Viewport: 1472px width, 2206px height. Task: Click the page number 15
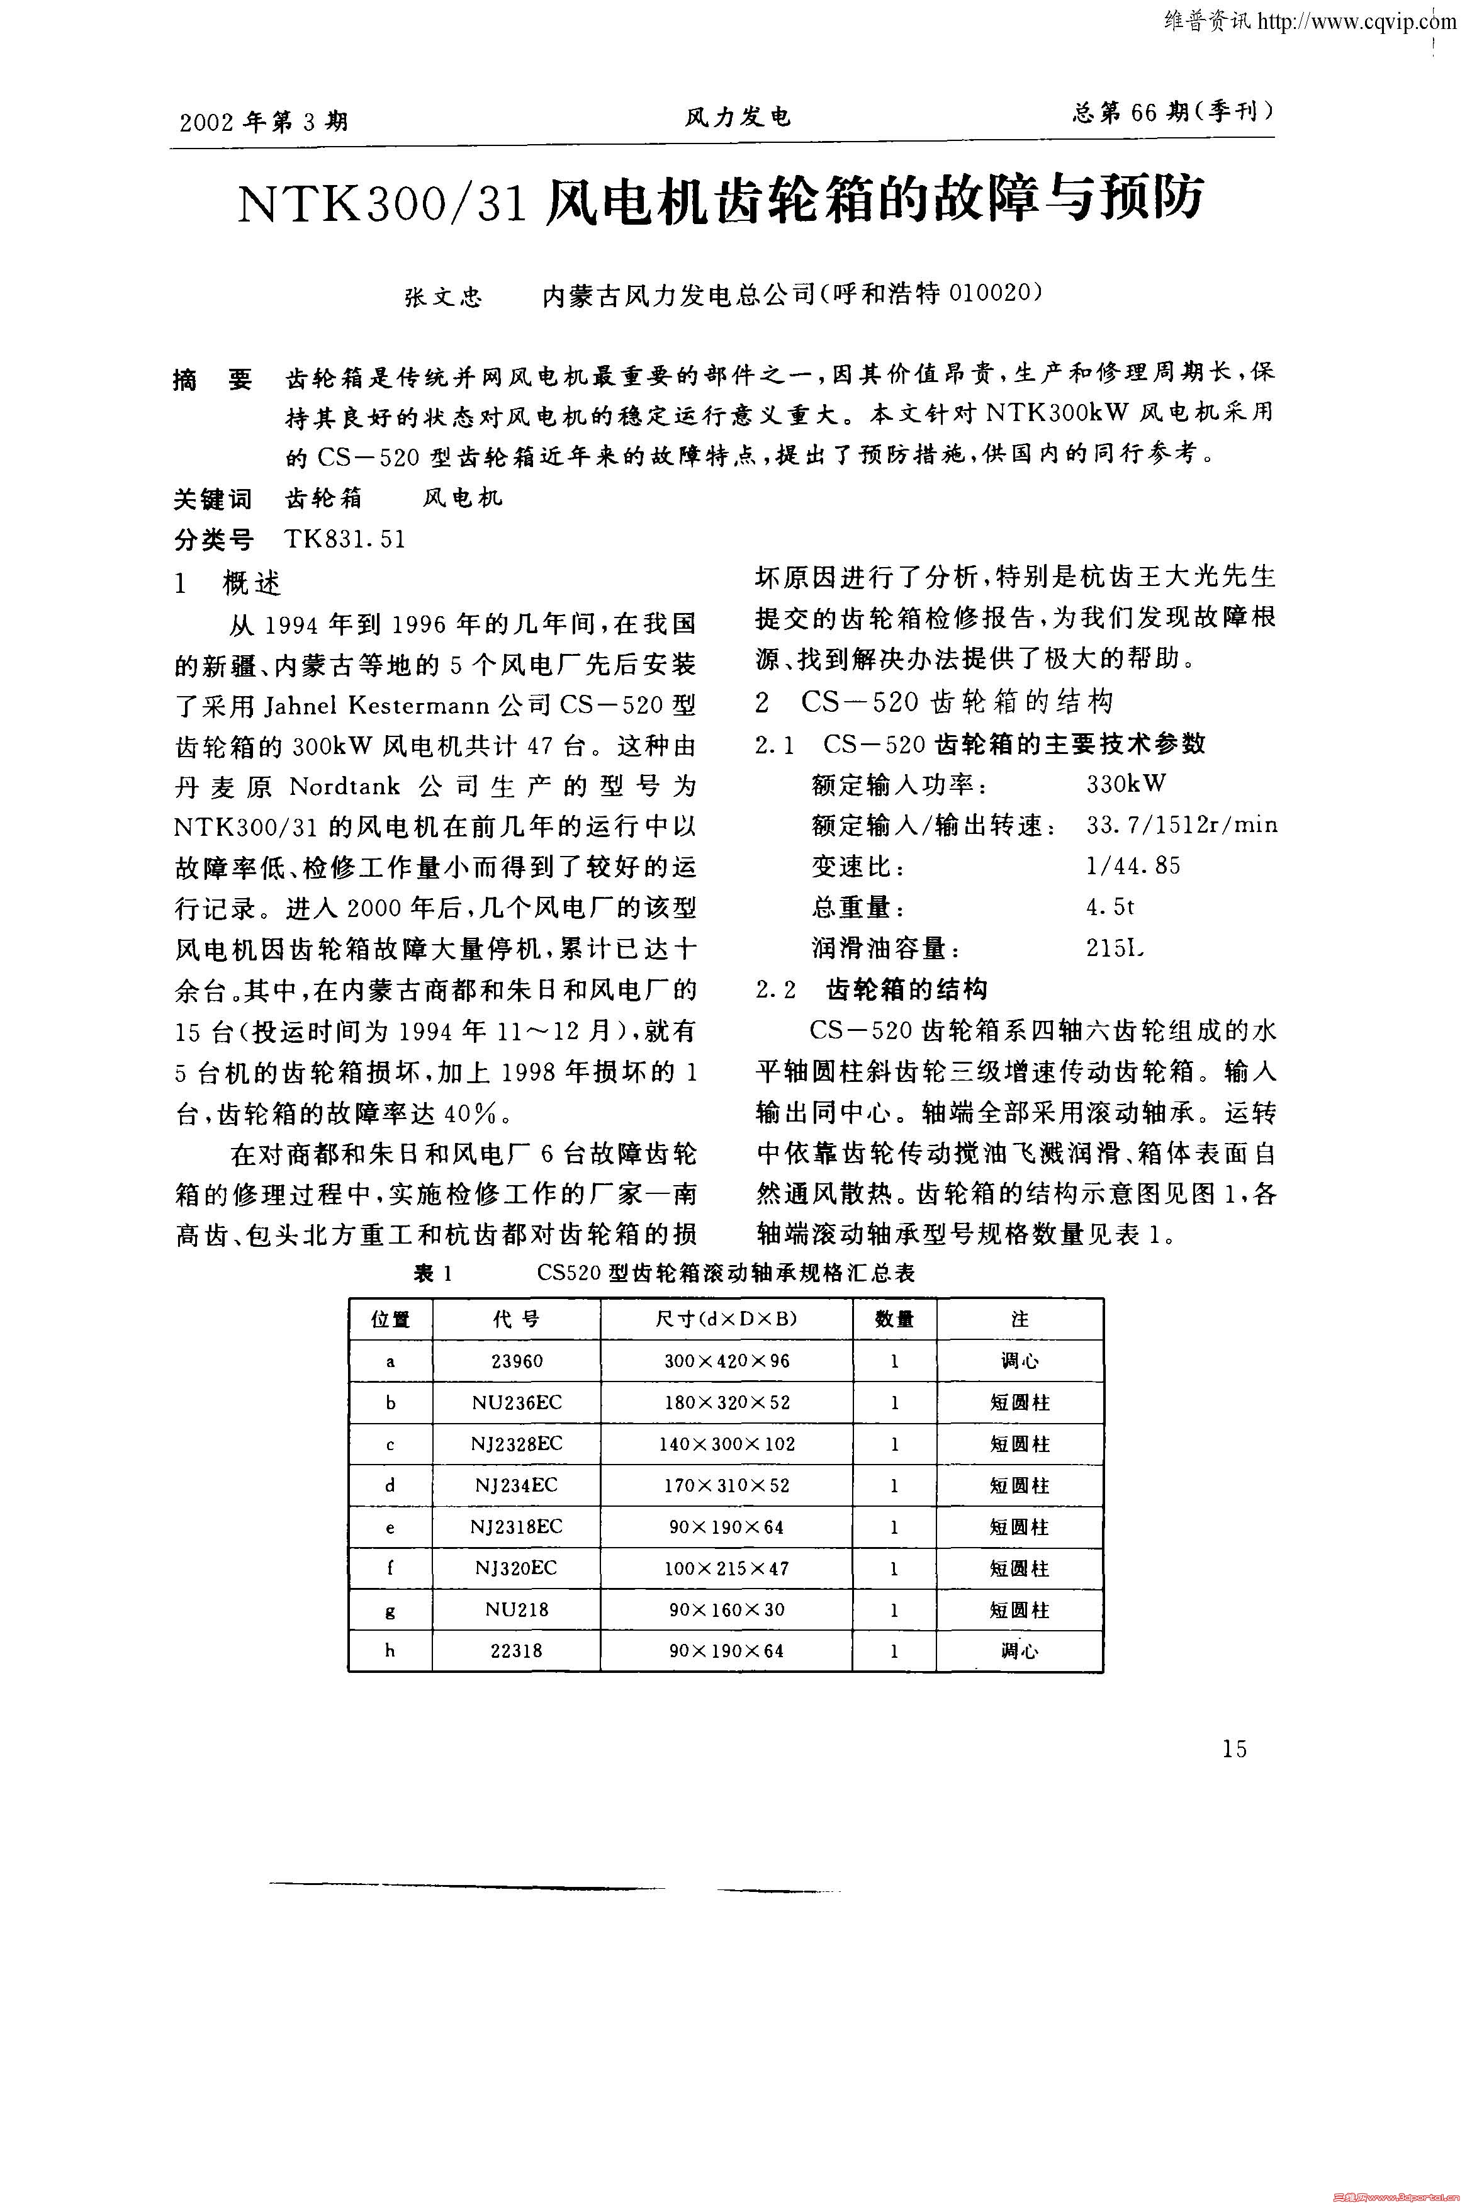[x=1235, y=1749]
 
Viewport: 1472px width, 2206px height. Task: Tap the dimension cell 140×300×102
[x=727, y=1444]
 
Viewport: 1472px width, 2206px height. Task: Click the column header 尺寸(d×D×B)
[x=727, y=1319]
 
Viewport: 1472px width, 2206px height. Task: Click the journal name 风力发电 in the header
[x=738, y=117]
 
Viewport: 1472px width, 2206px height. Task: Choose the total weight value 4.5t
[x=1111, y=907]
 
